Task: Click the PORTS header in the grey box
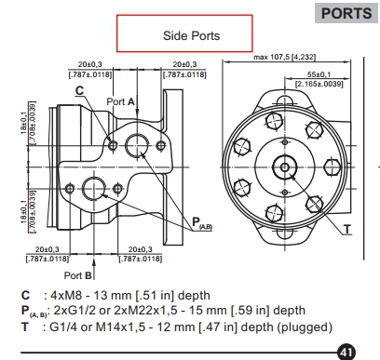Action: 346,13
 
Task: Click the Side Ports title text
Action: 192,35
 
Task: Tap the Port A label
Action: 120,101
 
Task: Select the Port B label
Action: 78,275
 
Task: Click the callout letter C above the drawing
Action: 80,90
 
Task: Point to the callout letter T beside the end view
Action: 347,230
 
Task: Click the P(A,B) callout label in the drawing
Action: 202,223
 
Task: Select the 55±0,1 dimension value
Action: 319,74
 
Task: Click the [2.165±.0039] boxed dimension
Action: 319,84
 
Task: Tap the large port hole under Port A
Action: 137,145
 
